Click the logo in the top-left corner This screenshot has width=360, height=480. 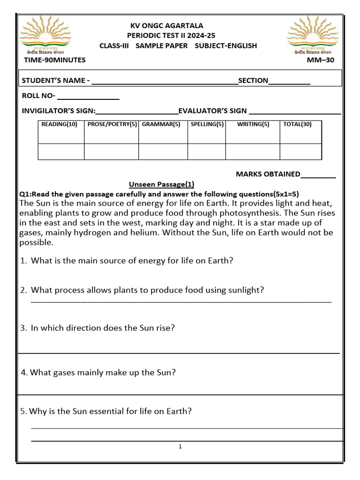tap(45, 35)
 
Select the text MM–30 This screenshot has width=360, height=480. tap(321, 60)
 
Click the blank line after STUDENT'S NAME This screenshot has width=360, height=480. tap(165, 82)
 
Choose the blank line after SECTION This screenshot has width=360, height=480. tap(289, 82)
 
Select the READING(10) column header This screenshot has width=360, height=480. tap(60, 124)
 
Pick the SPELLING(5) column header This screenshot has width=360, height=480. tap(207, 124)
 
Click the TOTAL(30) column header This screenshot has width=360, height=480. tap(297, 124)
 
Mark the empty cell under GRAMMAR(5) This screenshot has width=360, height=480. tap(163, 152)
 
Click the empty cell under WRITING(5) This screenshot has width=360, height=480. tap(253, 152)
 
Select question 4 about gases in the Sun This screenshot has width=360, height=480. tap(98, 373)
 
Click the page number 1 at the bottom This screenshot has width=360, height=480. tap(180, 447)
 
